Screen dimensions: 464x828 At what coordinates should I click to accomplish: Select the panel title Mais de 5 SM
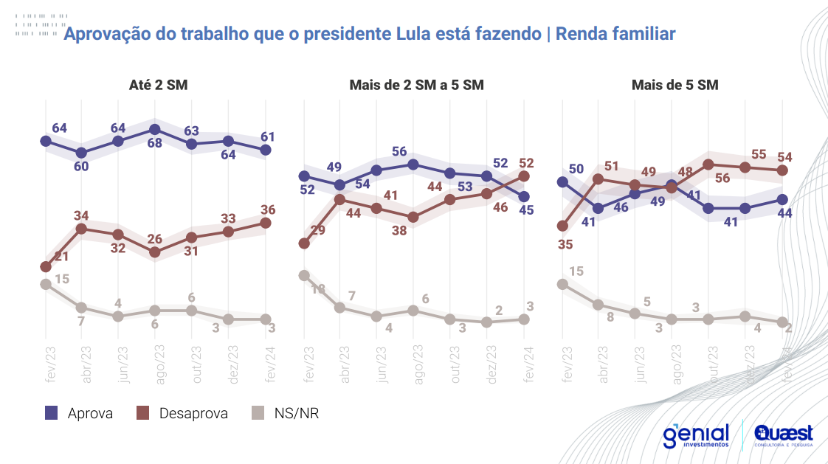pos(675,85)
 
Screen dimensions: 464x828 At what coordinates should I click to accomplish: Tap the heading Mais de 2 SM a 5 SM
pos(416,85)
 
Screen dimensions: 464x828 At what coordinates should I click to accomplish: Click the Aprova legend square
pos(51,413)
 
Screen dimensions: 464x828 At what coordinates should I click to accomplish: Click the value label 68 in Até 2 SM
pos(154,142)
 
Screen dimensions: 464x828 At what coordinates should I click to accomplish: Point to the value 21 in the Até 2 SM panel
pos(61,256)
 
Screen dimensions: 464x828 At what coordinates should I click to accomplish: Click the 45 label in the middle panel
pos(526,210)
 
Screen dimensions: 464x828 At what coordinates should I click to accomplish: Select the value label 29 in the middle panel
pos(318,231)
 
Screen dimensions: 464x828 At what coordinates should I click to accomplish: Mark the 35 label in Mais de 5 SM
pos(566,244)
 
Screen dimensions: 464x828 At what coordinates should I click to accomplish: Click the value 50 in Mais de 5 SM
pos(576,169)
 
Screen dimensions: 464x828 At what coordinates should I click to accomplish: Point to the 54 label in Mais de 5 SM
pos(785,156)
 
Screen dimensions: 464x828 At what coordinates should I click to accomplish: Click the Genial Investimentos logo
pos(696,435)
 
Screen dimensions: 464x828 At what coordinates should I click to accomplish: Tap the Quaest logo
pos(783,435)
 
